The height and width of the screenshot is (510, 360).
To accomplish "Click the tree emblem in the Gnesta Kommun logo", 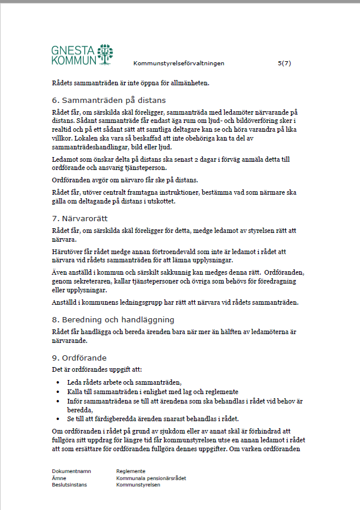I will click(x=105, y=54).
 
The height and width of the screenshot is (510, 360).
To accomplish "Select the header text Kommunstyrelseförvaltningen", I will click(x=179, y=63).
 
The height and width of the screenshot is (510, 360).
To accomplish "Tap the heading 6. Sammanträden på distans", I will click(x=109, y=100).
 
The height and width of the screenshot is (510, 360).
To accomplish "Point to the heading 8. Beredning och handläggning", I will click(x=113, y=320).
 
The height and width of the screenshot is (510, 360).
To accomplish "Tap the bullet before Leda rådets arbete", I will click(x=57, y=382).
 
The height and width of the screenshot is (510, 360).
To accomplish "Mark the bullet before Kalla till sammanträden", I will click(x=57, y=391).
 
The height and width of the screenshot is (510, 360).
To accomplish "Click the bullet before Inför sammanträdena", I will click(x=57, y=401).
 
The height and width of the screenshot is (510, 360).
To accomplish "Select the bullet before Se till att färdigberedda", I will click(x=57, y=419).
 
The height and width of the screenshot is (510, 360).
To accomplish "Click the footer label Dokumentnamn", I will click(x=71, y=471).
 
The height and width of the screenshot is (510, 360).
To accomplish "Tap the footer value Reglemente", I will click(x=131, y=471).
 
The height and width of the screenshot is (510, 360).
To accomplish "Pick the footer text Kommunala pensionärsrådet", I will click(x=151, y=478).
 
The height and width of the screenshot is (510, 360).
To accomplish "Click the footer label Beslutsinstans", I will click(x=70, y=485).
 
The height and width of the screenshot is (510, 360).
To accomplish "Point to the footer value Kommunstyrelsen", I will click(x=138, y=485).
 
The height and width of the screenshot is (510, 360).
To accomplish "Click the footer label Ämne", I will click(x=59, y=478).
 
